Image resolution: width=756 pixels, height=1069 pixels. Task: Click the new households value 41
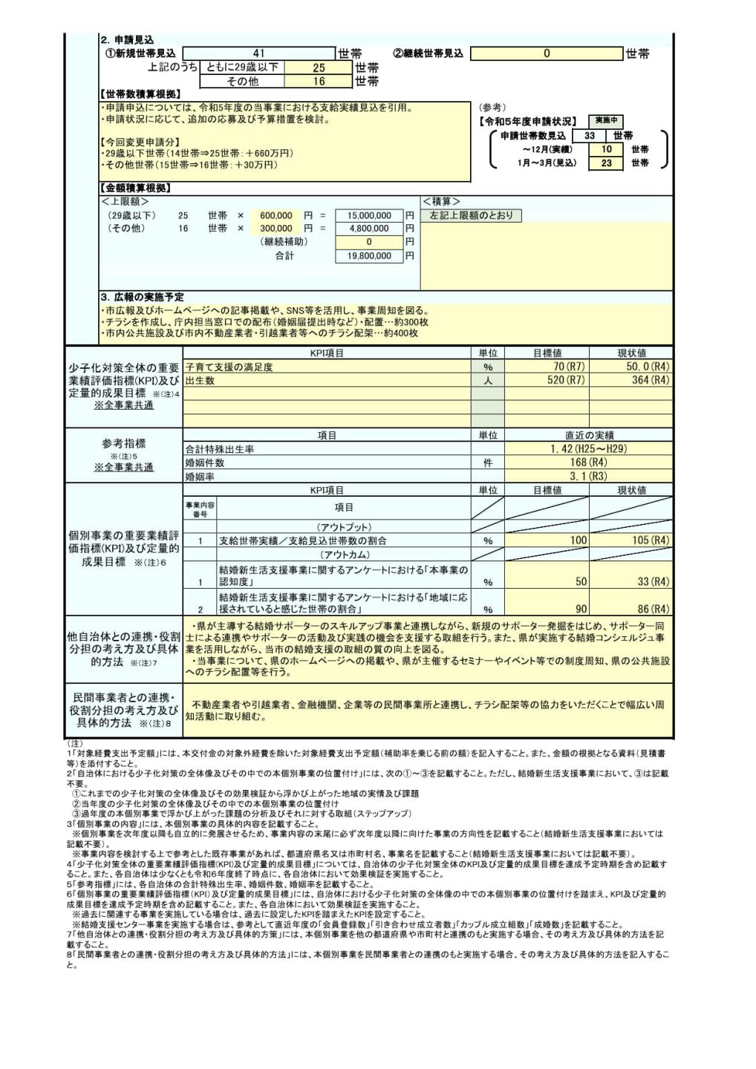coord(258,53)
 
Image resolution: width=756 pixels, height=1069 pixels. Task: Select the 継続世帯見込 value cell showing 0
coord(547,53)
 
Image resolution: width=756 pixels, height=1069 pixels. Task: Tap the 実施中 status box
coord(605,121)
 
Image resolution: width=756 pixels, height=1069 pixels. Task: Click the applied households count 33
coord(590,136)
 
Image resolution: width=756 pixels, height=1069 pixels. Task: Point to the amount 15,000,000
coord(369,216)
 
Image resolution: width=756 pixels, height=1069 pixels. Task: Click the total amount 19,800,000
coord(369,256)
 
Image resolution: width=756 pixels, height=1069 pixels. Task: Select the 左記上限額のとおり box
coord(472,215)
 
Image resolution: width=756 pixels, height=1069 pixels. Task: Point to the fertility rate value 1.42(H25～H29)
coord(589,449)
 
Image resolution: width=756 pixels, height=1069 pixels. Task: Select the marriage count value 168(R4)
coord(589,462)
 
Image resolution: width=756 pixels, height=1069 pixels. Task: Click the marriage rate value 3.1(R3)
coord(589,476)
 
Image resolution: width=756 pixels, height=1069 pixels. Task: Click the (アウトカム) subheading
coord(345,555)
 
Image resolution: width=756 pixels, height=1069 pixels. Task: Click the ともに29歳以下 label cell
coord(242,68)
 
